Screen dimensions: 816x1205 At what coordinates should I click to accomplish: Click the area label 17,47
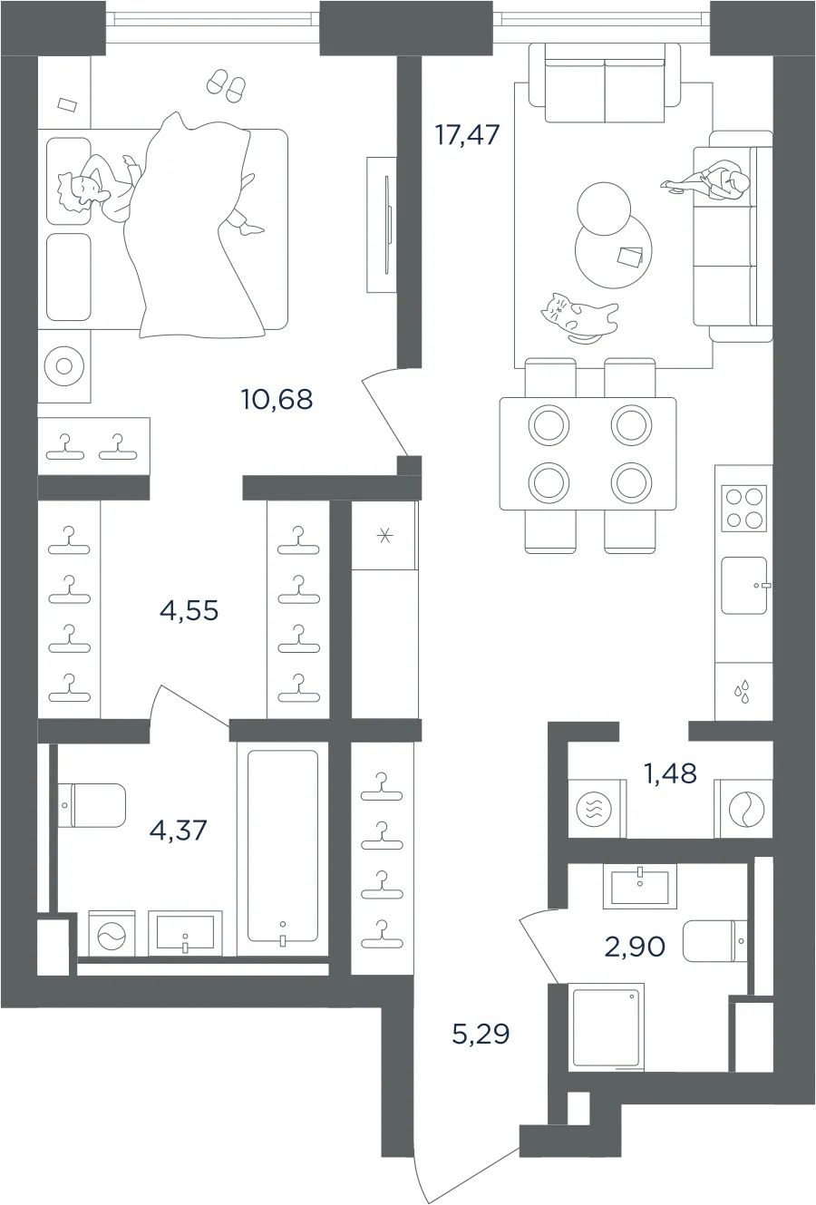click(467, 134)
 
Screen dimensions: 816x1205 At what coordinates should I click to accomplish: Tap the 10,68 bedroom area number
click(277, 400)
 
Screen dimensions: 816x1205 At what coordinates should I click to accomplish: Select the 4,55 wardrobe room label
click(189, 610)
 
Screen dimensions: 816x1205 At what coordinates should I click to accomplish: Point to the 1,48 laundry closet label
click(670, 773)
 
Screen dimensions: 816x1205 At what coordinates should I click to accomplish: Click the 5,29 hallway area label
click(481, 1034)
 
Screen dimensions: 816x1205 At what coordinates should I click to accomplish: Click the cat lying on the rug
click(578, 317)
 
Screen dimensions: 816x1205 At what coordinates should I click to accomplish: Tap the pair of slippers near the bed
click(226, 85)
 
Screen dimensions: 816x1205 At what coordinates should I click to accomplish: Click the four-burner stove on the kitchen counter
click(744, 508)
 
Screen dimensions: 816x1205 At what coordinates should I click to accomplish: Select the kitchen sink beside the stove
click(744, 586)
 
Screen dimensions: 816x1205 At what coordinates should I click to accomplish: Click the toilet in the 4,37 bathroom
click(92, 805)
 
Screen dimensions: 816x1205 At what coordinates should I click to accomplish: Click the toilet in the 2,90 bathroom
click(714, 941)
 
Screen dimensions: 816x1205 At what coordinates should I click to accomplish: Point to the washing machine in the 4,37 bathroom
click(112, 934)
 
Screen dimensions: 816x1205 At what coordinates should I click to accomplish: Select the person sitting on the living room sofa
click(705, 183)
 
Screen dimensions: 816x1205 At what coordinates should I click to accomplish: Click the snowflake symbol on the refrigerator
click(384, 536)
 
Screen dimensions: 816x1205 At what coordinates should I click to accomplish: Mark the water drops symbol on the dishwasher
click(743, 691)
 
